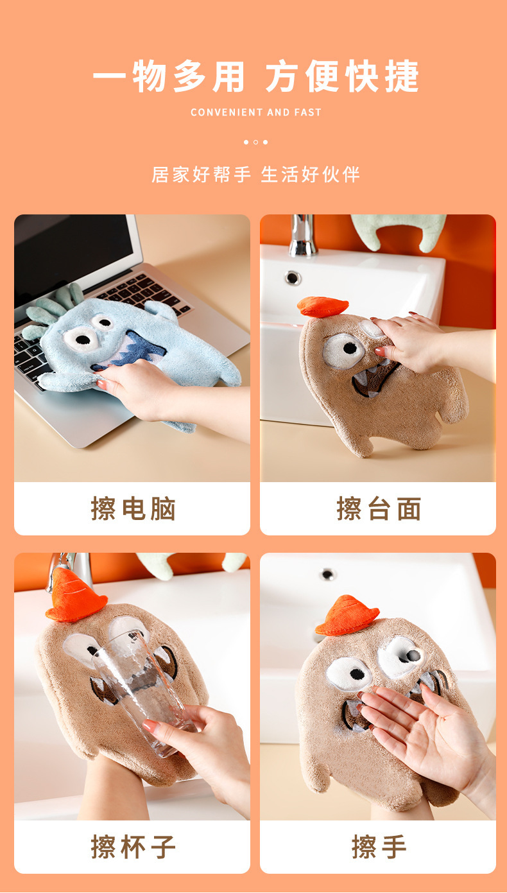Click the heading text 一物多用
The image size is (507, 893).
click(x=169, y=77)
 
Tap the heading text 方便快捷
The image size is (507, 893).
click(x=342, y=77)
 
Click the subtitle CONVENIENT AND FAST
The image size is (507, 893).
click(x=255, y=112)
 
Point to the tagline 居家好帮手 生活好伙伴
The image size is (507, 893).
click(x=255, y=174)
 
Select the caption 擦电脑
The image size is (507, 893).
click(x=133, y=509)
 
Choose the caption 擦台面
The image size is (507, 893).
click(x=379, y=509)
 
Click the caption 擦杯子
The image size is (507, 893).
click(x=133, y=847)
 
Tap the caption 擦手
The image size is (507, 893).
click(x=379, y=847)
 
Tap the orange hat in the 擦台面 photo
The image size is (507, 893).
click(x=322, y=307)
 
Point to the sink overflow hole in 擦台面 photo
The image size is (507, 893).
click(x=293, y=277)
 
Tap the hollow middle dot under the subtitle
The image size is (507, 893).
click(x=255, y=142)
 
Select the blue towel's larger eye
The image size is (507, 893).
click(x=82, y=338)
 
